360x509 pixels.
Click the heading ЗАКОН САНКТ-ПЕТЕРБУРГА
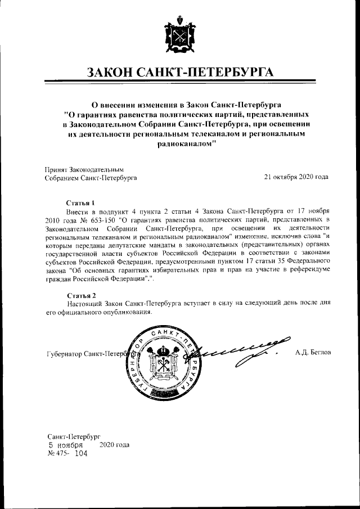(x=180, y=73)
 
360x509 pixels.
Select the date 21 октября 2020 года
(x=296, y=177)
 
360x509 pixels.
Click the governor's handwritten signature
(x=239, y=352)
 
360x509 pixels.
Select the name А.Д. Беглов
(x=313, y=353)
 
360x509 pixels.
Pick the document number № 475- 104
(x=67, y=453)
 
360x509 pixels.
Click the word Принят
(x=55, y=169)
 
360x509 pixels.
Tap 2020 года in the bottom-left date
(x=114, y=444)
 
